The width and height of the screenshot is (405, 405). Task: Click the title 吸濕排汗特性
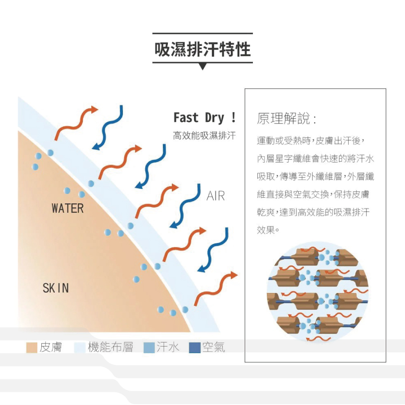coord(202,49)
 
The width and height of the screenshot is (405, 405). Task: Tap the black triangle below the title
coord(202,67)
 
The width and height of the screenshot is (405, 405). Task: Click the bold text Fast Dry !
coord(205,118)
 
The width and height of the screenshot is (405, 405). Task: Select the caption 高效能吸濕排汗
coord(204,135)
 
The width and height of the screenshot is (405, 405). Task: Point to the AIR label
coord(216,196)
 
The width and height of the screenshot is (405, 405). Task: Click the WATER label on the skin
coord(67,208)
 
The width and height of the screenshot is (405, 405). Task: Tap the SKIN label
coord(56,288)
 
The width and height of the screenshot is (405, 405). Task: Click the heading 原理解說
coord(286,119)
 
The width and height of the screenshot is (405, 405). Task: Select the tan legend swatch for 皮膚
coord(31,347)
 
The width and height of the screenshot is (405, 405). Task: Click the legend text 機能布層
coord(110,347)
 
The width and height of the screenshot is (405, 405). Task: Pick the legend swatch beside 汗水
coord(149,347)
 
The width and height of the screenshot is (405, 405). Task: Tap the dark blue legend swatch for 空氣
coord(194,347)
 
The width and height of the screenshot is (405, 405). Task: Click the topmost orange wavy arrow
coord(76,122)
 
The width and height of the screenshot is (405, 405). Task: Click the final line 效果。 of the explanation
coord(268,230)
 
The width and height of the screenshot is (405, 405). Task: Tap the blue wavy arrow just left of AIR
coord(185,206)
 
